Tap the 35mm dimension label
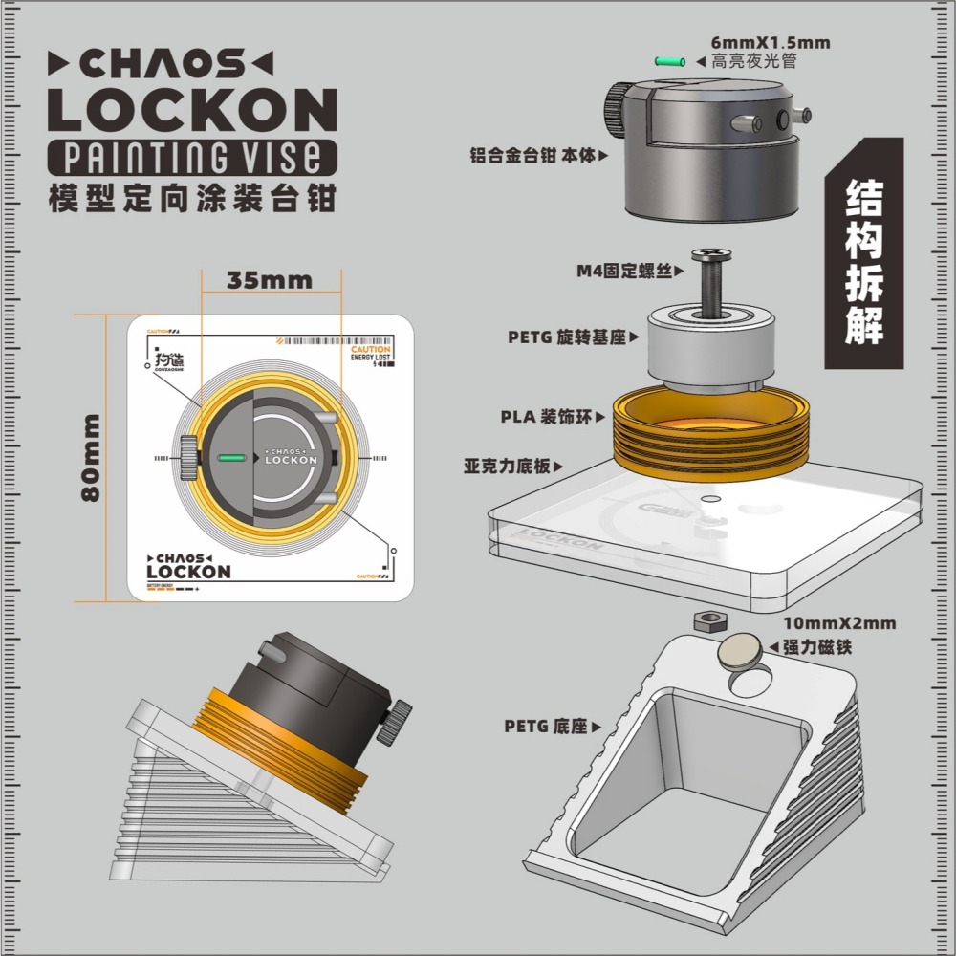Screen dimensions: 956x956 click(x=270, y=280)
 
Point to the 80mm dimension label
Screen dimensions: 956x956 click(x=92, y=457)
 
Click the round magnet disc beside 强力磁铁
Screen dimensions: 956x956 click(x=740, y=650)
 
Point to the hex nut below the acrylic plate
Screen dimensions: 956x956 click(x=706, y=620)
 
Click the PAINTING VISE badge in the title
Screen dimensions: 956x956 click(x=192, y=156)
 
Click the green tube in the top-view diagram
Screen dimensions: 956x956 click(x=233, y=458)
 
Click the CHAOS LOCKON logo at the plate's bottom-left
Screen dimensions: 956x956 click(x=188, y=565)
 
